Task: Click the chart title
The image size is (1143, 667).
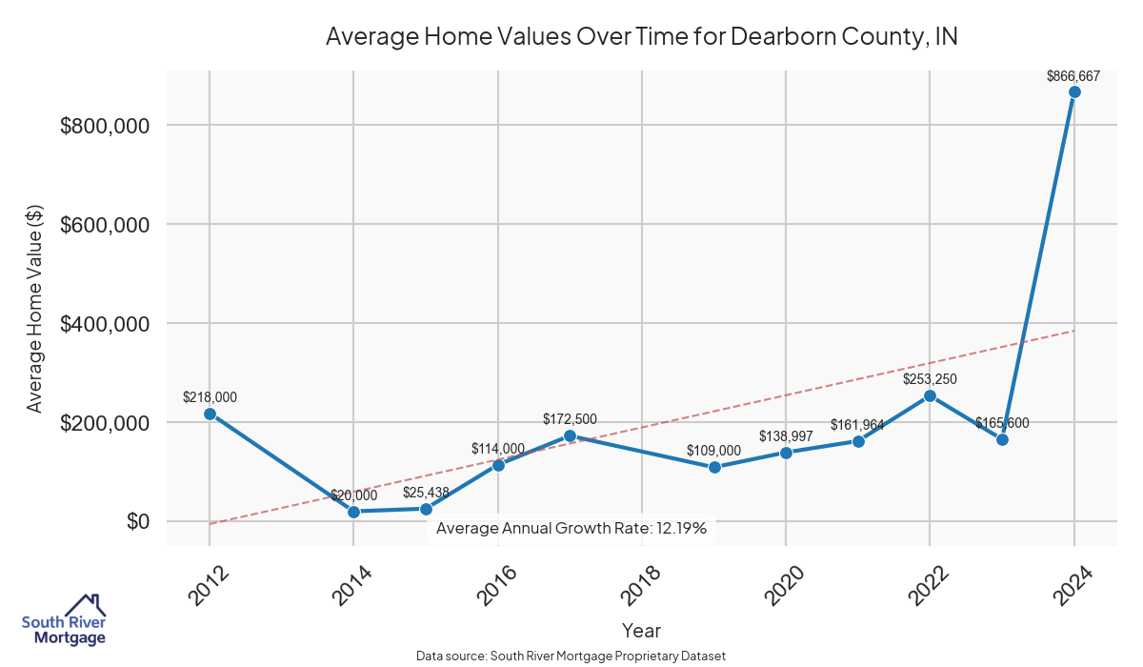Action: [641, 36]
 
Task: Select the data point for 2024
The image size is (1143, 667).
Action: [1073, 92]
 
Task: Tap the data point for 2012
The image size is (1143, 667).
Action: [210, 414]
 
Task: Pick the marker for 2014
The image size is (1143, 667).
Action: [353, 512]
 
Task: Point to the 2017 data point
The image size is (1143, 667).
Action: [570, 435]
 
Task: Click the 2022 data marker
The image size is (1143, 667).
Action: [930, 395]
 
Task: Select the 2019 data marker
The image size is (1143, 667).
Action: [714, 467]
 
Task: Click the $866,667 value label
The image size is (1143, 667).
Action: [1073, 75]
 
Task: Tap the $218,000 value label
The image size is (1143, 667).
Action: [210, 396]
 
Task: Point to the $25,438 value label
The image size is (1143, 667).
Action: [427, 492]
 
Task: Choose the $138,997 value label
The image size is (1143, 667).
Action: [786, 435]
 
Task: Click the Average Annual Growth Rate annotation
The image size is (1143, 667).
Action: [571, 528]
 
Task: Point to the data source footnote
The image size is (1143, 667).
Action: [571, 657]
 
